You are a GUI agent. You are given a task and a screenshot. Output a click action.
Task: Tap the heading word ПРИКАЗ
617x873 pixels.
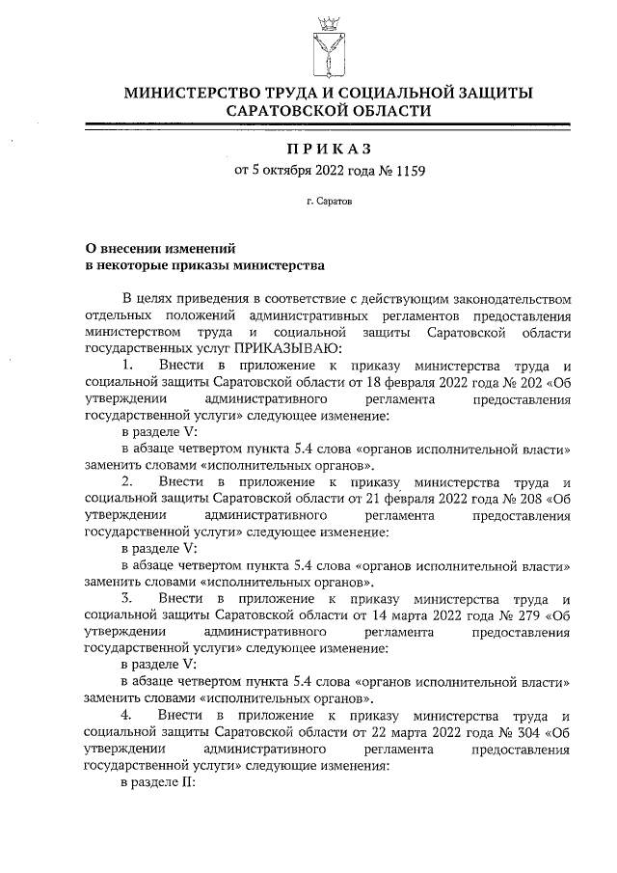click(x=328, y=150)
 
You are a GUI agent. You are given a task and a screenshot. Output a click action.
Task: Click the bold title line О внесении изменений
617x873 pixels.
click(x=160, y=247)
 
